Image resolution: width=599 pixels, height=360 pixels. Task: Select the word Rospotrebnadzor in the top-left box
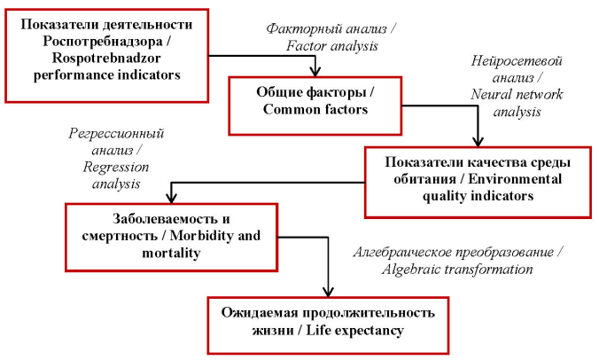[x=106, y=59]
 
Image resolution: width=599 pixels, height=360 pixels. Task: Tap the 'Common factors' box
[x=315, y=106]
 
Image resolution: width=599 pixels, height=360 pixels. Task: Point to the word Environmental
[x=515, y=179]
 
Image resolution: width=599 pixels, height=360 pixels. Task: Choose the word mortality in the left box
[x=171, y=253]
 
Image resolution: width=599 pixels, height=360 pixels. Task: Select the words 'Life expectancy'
[x=355, y=330]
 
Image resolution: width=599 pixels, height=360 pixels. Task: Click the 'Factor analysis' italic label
[x=332, y=46]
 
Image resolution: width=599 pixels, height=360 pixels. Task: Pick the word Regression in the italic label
[x=116, y=168]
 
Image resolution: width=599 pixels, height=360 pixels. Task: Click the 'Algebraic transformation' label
[x=457, y=270]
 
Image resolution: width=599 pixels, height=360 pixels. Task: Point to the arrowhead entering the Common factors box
[x=315, y=72]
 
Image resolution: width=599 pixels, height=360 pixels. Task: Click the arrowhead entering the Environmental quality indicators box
[x=478, y=142]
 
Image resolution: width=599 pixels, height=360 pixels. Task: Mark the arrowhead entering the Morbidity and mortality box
[x=172, y=199]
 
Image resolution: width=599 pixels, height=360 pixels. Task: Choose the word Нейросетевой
[x=517, y=61]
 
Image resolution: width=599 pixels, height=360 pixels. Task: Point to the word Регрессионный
[x=116, y=134]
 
